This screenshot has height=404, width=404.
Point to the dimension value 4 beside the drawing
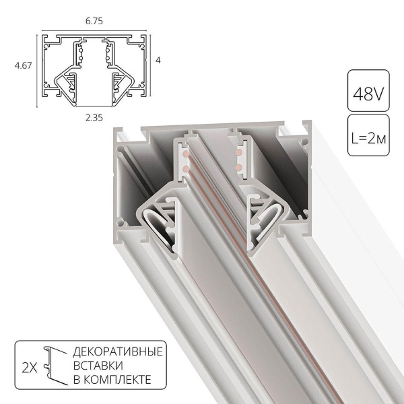point(158,60)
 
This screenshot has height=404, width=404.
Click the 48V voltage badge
point(368,90)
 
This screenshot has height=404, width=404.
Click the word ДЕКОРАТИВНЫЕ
point(117,352)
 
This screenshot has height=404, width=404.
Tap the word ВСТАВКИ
point(96,366)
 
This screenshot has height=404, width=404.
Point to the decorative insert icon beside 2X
point(53,367)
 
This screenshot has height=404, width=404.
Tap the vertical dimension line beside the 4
point(149,60)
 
